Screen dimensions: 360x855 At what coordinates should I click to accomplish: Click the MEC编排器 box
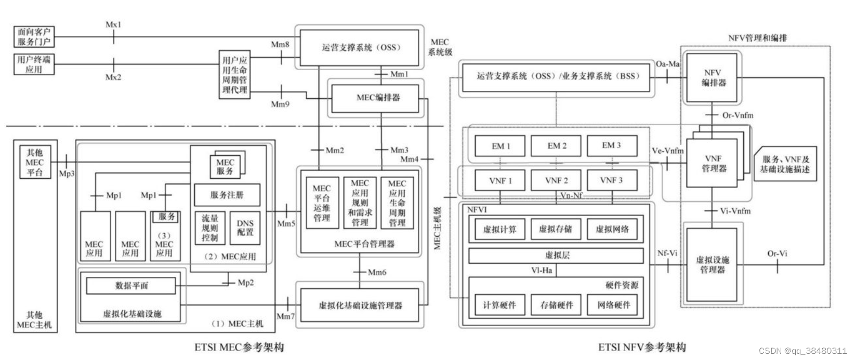375,98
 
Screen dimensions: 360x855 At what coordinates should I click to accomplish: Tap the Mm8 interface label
280,45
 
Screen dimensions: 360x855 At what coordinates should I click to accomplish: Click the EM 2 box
556,146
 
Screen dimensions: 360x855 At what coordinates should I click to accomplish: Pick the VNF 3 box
611,181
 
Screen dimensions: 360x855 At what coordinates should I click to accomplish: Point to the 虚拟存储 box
556,229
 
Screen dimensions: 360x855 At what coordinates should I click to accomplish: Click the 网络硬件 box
612,305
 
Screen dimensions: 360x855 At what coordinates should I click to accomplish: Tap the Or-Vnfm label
738,115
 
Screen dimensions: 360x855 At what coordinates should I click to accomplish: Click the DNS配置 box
245,228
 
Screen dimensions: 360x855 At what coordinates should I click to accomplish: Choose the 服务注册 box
227,195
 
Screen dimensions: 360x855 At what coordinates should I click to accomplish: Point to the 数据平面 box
131,286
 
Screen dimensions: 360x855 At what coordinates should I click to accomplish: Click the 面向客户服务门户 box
34,37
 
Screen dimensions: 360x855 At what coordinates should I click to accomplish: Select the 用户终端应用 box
34,64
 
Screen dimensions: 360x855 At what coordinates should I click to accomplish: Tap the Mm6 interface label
377,272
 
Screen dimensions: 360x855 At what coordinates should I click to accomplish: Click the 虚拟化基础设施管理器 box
360,305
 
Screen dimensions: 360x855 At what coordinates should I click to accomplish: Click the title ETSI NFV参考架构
641,347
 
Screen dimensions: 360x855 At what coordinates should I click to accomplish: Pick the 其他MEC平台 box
35,162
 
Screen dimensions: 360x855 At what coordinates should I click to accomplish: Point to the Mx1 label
113,24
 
